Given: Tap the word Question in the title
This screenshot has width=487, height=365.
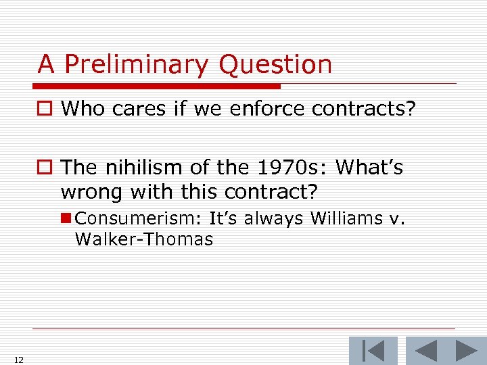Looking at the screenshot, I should coord(275,65).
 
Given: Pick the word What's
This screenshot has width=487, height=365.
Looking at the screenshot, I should coord(369,167).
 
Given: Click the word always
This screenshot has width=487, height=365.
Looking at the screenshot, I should coord(273,218).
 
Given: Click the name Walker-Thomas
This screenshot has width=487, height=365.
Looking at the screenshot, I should coord(144,239).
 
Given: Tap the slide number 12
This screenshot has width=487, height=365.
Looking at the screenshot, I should coord(18,360).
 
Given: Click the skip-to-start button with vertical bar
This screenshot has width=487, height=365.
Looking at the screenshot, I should coord(373,351).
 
